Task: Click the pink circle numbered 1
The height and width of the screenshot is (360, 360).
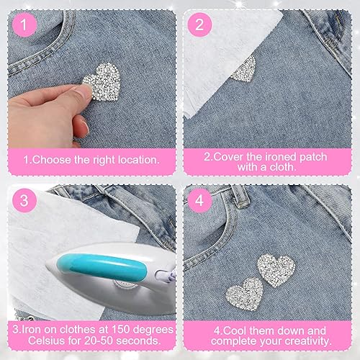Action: point(24,24)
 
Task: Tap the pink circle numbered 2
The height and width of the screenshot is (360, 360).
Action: point(199,24)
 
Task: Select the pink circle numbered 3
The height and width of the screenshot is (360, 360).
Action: point(24,200)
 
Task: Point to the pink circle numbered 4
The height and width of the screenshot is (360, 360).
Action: point(199,200)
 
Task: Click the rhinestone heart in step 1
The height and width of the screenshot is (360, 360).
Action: point(103,81)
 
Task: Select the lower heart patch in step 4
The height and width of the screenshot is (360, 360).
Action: point(245,294)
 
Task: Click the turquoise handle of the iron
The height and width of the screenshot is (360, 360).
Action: point(102,267)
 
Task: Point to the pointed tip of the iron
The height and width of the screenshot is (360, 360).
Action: point(46,265)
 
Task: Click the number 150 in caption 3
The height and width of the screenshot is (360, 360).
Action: point(120,329)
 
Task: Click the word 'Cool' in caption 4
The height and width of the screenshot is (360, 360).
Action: point(235,330)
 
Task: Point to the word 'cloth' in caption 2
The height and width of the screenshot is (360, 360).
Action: point(282,167)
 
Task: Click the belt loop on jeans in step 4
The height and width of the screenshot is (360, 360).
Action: point(240,197)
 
